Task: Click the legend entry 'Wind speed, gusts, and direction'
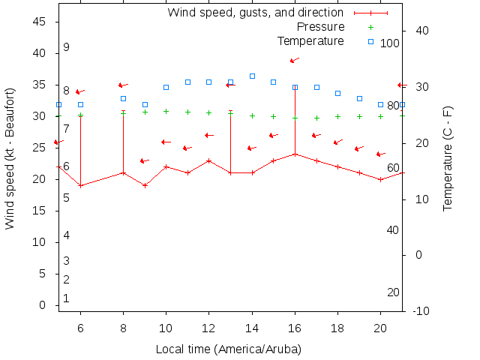[255, 13]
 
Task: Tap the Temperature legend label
[310, 40]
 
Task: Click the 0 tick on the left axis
[43, 305]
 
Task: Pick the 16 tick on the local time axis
[295, 328]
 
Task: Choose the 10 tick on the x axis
[166, 328]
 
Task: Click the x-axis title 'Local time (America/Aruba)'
[228, 349]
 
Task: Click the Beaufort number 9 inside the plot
[66, 47]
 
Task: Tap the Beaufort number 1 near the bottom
[66, 298]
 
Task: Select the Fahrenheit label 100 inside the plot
[390, 43]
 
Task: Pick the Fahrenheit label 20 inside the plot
[393, 292]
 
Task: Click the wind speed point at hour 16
[295, 154]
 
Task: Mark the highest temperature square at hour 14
[252, 76]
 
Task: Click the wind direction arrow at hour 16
[294, 60]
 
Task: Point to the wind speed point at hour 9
[145, 185]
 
